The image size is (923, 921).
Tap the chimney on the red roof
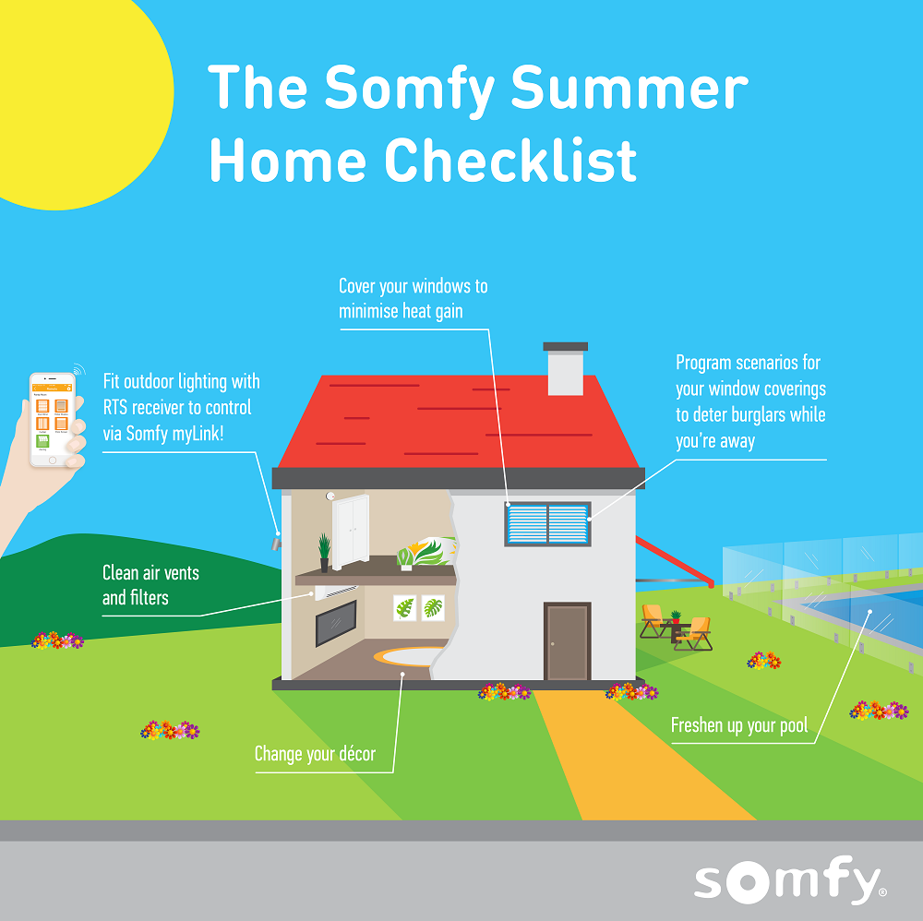click(565, 368)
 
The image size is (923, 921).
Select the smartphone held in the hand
click(52, 419)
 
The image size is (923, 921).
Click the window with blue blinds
click(547, 523)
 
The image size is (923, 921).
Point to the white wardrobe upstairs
click(351, 532)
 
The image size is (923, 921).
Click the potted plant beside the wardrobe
click(324, 552)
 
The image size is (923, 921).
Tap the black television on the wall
click(336, 623)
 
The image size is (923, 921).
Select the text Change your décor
click(315, 754)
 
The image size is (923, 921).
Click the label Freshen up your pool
click(738, 725)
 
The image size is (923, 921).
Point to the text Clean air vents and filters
click(150, 585)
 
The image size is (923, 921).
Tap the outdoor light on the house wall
click(278, 537)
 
